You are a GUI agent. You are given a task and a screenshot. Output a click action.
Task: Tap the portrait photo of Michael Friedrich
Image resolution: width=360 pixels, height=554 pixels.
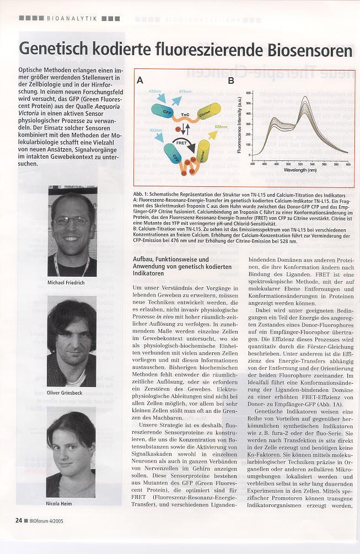point(72,232)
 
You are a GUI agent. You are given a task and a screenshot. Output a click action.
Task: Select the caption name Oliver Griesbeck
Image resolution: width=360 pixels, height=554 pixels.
point(72,393)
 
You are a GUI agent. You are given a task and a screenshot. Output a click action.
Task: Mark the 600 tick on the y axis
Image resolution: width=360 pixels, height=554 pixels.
point(249,93)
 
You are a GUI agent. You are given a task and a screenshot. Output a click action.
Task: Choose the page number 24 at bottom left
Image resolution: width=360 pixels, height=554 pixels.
point(19,519)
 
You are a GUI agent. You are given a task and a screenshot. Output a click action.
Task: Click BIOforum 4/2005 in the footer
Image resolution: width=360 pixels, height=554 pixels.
point(46,519)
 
